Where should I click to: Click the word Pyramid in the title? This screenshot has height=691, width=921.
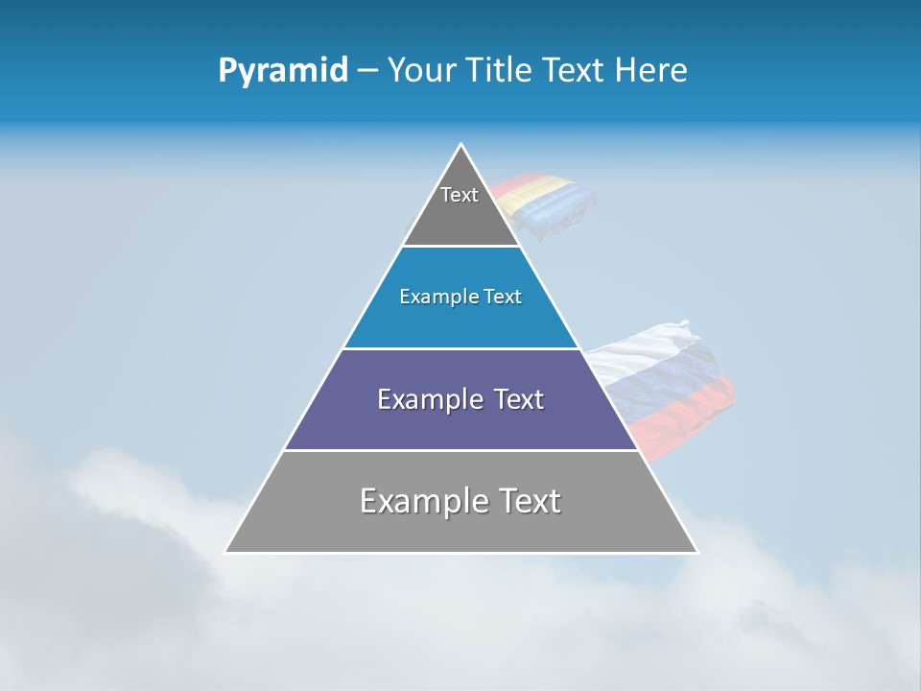[282, 71]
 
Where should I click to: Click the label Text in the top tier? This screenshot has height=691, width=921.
[460, 195]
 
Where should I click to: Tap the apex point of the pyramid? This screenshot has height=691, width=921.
[461, 145]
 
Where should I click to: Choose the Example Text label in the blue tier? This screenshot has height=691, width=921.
[460, 297]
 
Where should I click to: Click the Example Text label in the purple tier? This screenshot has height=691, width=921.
[460, 399]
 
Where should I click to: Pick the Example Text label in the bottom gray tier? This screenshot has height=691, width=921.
[460, 501]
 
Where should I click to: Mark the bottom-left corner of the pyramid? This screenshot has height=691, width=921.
[225, 552]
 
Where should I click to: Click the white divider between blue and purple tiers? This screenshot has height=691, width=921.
[460, 348]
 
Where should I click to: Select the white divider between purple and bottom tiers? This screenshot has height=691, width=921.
[460, 450]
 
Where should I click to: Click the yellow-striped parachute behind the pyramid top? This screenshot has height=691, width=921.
[547, 197]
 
